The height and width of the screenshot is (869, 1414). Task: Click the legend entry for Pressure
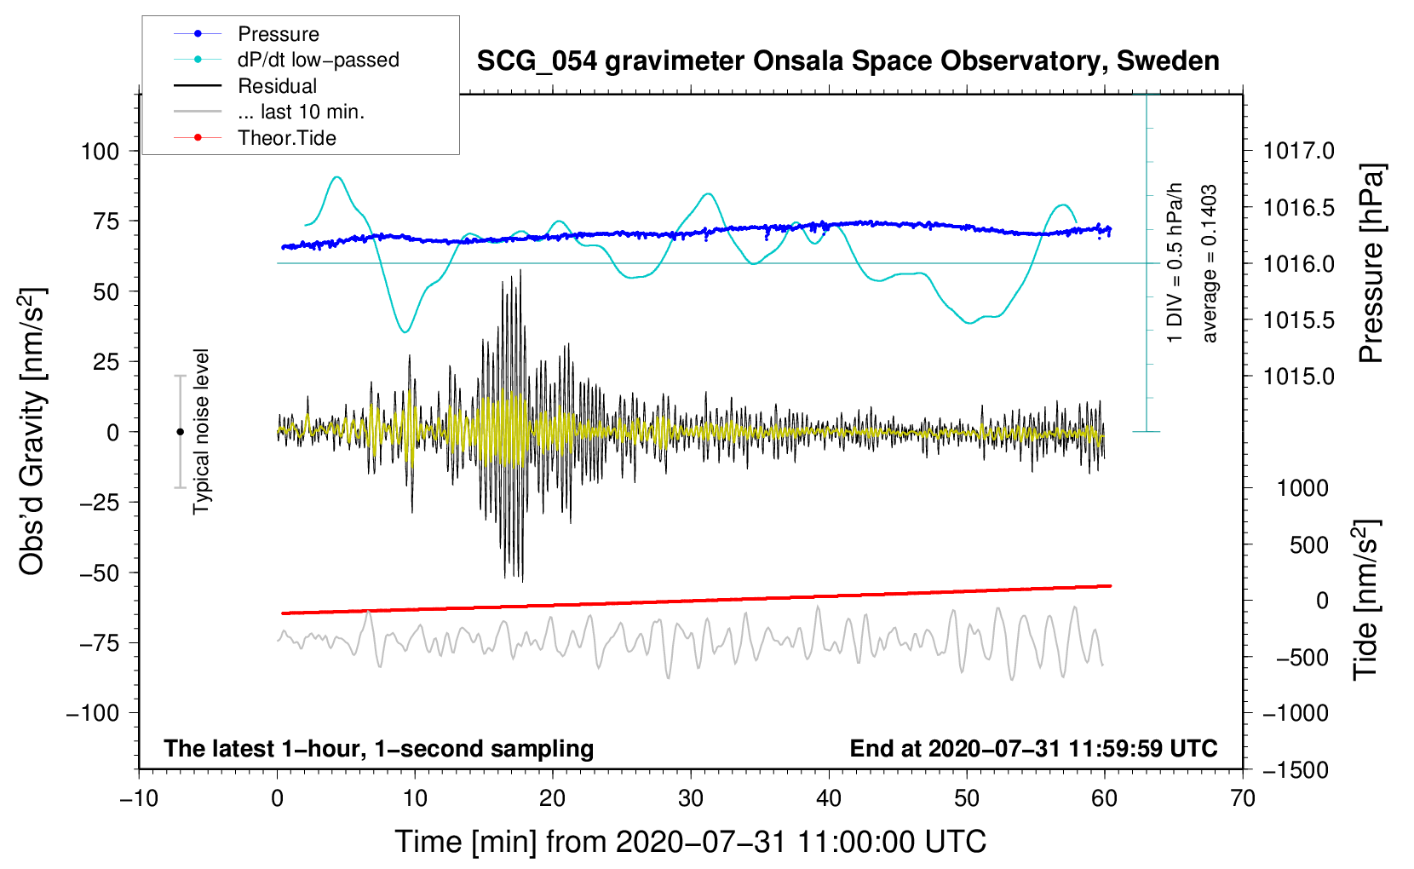click(x=246, y=33)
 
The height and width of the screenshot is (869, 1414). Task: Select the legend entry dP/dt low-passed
click(x=286, y=60)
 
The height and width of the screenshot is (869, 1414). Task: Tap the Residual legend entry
click(x=245, y=86)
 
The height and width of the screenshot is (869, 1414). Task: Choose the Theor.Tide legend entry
click(x=255, y=138)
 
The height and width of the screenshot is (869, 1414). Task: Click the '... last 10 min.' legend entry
click(x=269, y=112)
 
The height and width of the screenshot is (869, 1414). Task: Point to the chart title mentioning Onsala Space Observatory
click(x=848, y=61)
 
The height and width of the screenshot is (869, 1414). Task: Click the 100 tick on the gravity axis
click(x=100, y=152)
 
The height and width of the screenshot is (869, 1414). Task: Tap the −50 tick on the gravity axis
click(x=100, y=573)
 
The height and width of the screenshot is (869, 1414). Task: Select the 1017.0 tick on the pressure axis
click(x=1298, y=151)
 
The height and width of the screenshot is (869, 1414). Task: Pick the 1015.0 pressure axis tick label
click(x=1298, y=377)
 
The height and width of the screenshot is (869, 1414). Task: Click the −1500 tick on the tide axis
click(x=1296, y=770)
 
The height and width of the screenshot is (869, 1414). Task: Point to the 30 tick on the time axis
click(x=691, y=799)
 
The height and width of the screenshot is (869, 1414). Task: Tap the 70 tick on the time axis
click(x=1242, y=799)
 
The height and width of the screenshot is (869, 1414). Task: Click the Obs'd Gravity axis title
click(x=32, y=431)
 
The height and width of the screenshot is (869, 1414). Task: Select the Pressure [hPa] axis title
click(x=1371, y=263)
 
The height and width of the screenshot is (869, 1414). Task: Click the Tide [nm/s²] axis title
click(x=1366, y=600)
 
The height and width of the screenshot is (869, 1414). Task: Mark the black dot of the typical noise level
click(x=180, y=432)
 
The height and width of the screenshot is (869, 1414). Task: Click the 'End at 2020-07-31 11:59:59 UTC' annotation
click(x=1033, y=748)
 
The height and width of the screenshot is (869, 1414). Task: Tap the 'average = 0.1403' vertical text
click(x=1209, y=263)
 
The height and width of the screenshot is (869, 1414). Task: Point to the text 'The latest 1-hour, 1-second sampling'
click(x=379, y=749)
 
